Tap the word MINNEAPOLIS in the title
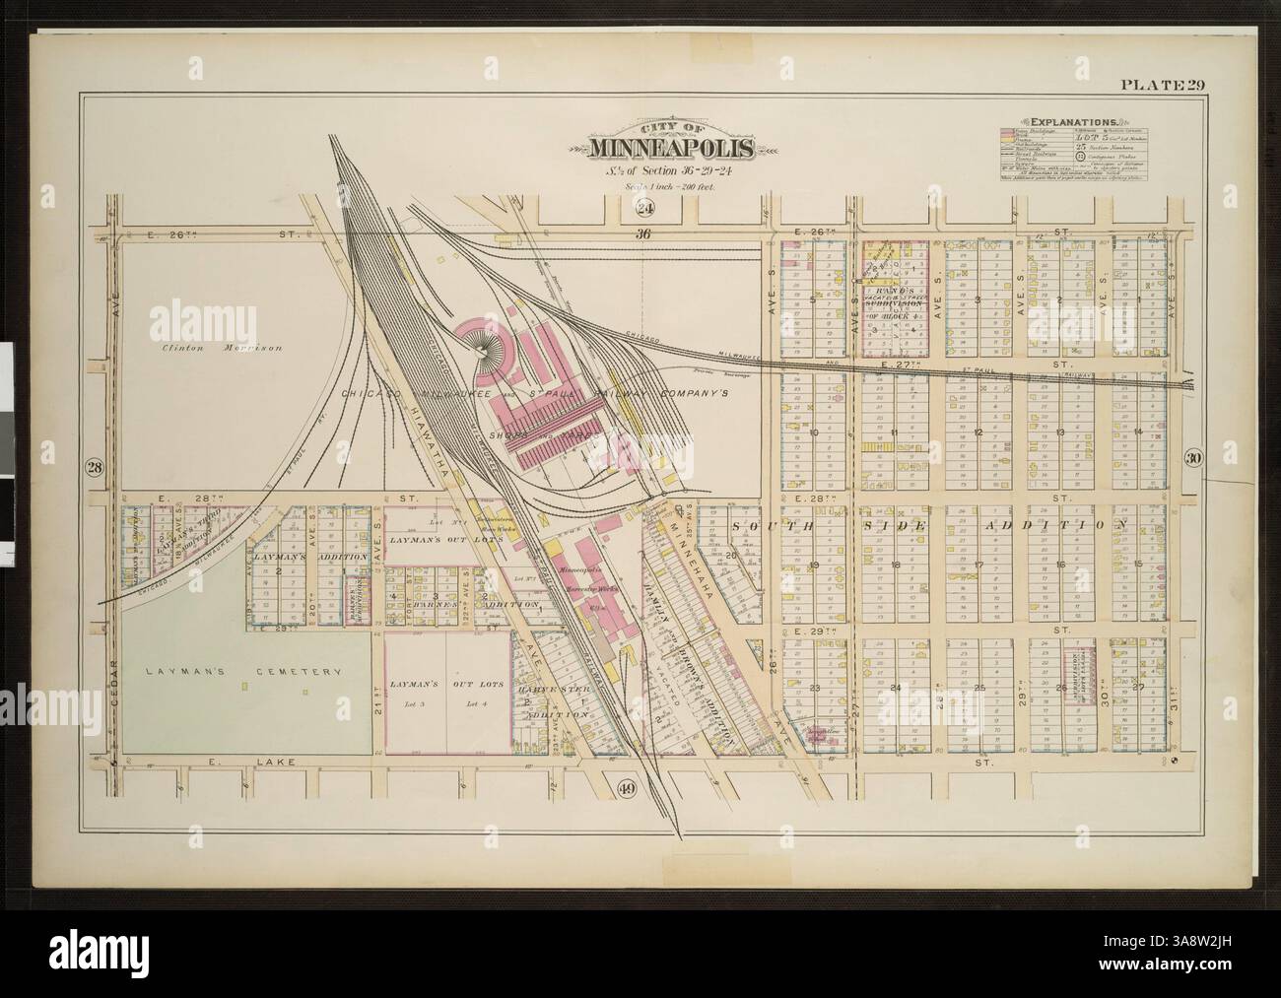click(672, 149)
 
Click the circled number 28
click(95, 466)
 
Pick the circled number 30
click(1192, 457)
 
